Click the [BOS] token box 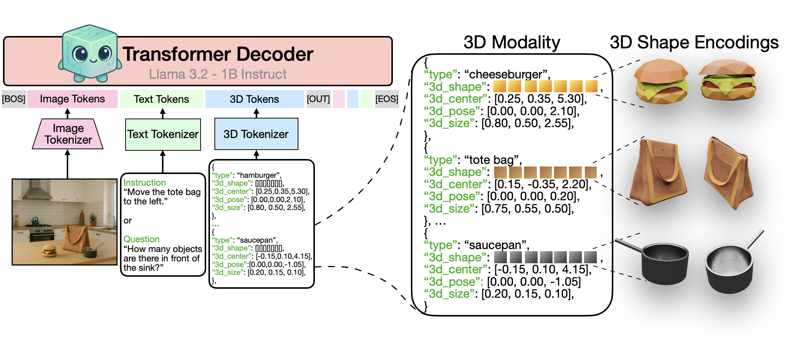[x=14, y=99]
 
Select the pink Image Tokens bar [x=72, y=99]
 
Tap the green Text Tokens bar [x=162, y=99]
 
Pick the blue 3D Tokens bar [x=255, y=99]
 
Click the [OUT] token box [x=319, y=99]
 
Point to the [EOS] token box [x=387, y=99]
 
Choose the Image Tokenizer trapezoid [x=68, y=134]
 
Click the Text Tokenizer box [x=163, y=134]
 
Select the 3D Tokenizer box [x=256, y=134]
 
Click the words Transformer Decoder [x=218, y=54]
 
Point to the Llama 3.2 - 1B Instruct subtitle [x=218, y=74]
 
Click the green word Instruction [x=145, y=183]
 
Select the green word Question [x=142, y=239]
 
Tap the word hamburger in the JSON [x=259, y=175]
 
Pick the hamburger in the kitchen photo [x=49, y=250]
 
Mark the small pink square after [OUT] [x=339, y=99]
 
